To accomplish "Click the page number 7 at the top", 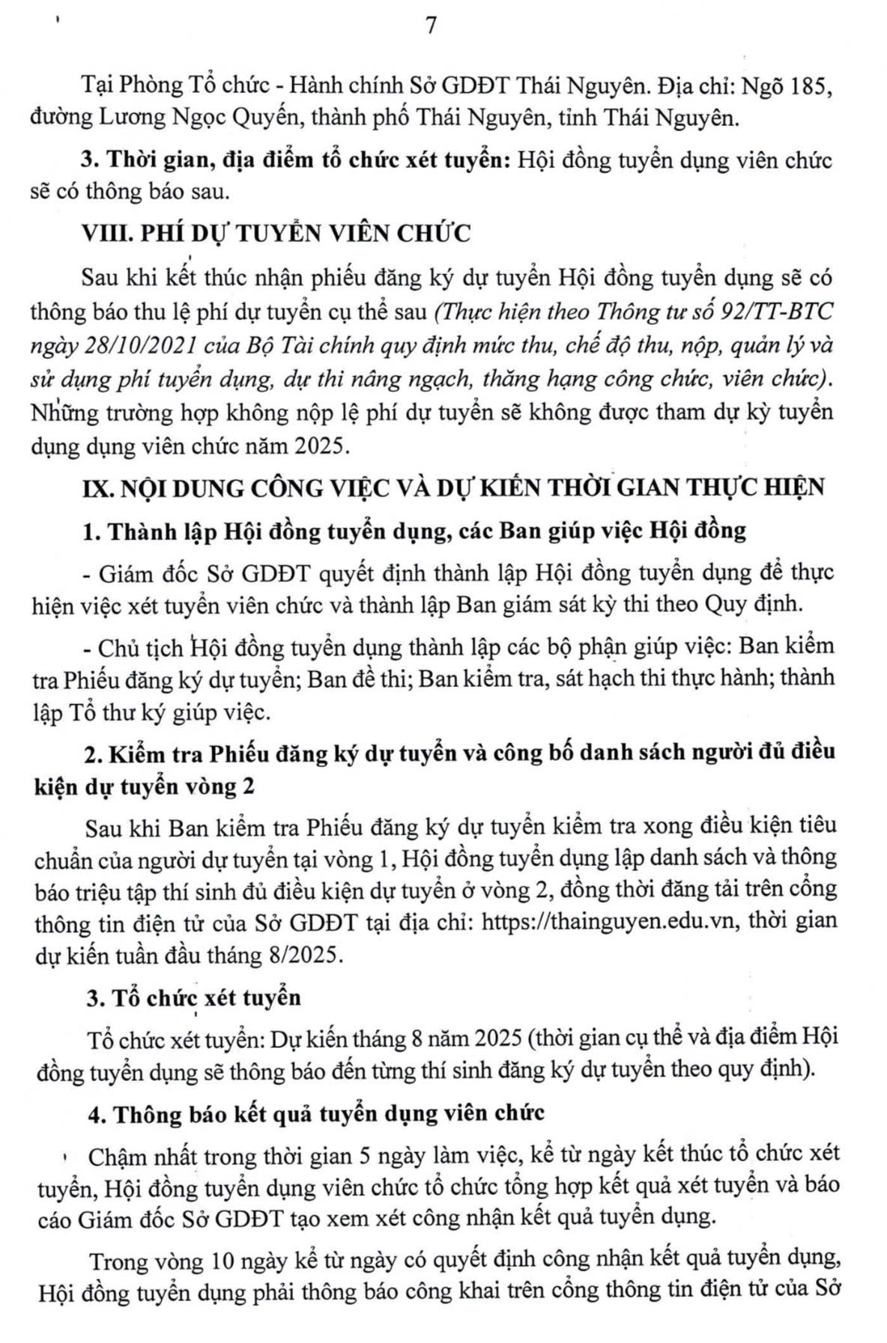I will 431,25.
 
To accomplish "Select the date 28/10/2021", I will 126,345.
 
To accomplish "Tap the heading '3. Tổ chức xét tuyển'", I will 193,998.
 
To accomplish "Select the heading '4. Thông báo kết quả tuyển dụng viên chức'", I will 315,1113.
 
